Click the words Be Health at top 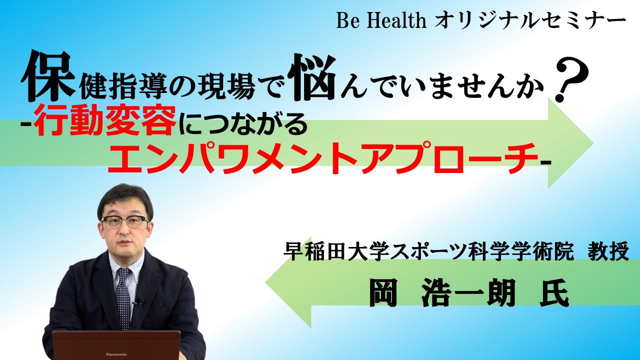tap(381, 21)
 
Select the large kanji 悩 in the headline tap(312, 77)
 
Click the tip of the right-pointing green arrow tap(593, 142)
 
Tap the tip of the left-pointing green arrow tap(265, 282)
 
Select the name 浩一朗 tap(468, 293)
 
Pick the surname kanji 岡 tap(383, 293)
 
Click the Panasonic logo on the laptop tap(116, 354)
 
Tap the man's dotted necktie tap(123, 297)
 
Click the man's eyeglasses tap(125, 221)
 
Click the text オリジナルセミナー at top tap(530, 21)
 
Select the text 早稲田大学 tap(336, 251)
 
